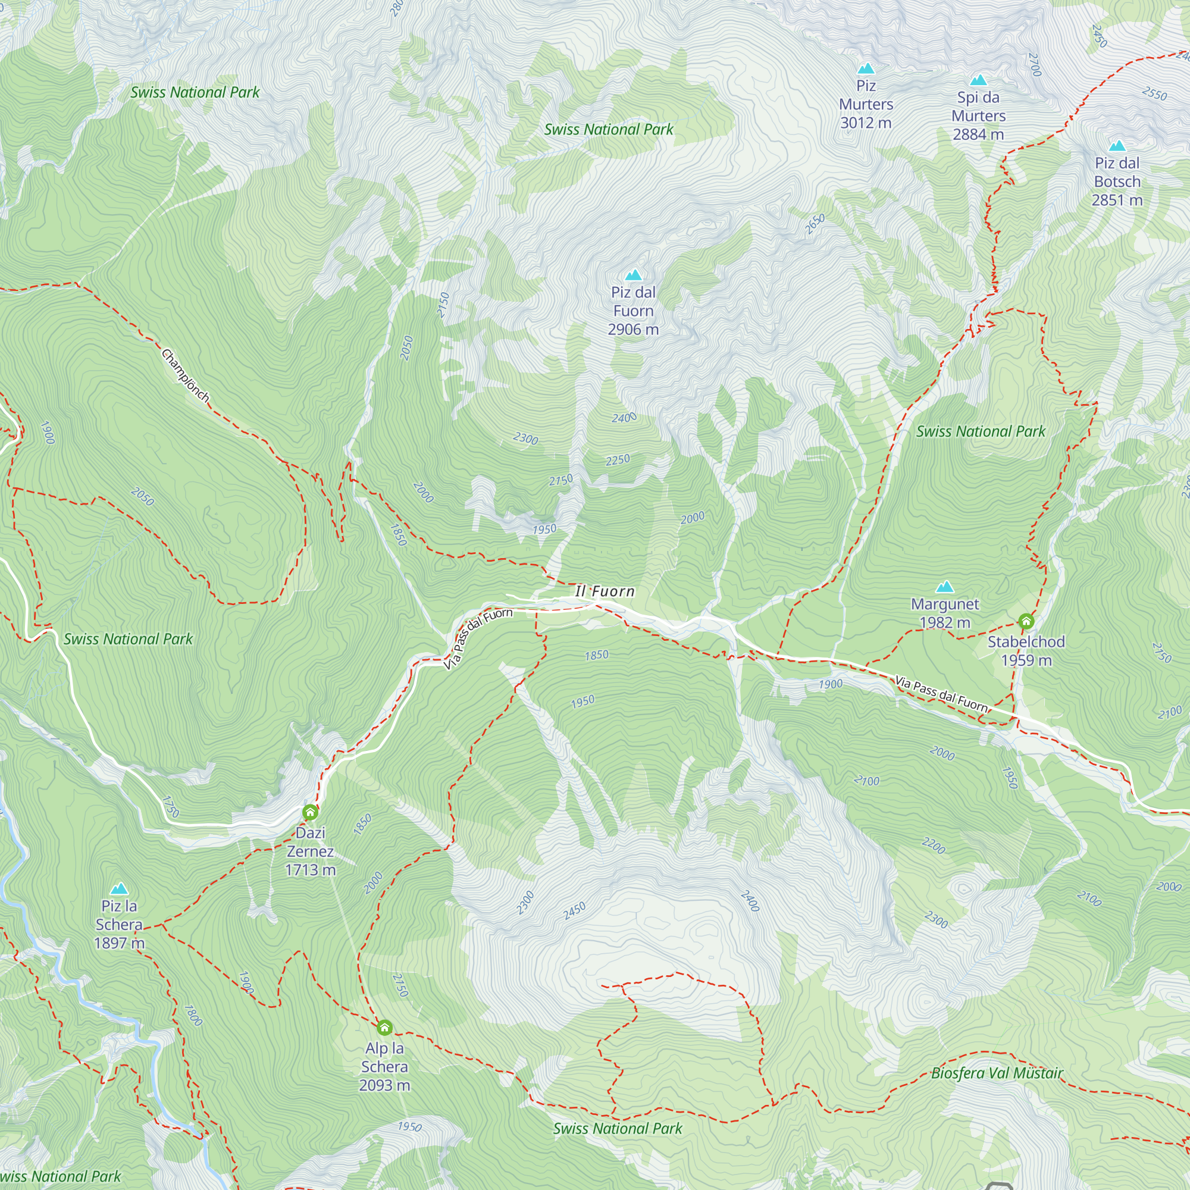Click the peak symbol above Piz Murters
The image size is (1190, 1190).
pos(866,68)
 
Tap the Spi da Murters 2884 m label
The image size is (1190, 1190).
pos(978,116)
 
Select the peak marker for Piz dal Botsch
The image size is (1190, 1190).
pos(1117,146)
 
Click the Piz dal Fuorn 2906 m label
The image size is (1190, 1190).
pos(633,311)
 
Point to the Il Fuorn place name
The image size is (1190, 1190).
pos(605,591)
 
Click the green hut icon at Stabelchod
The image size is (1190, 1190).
pos(1026,621)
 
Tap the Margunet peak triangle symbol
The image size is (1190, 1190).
pos(945,587)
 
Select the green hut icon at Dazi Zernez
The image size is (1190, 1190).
pos(311,812)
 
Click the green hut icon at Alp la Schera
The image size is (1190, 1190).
pos(384,1028)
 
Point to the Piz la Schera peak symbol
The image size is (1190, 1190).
pos(119,889)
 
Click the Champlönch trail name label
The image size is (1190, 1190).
pos(186,375)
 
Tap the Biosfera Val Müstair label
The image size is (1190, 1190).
pos(997,1073)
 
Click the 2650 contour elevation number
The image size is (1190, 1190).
pos(815,224)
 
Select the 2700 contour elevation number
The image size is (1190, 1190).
pos(1035,65)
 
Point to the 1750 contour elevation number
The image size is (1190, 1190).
pos(171,807)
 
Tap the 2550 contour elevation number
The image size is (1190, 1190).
pos(1154,93)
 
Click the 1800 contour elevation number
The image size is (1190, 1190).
pos(193,1016)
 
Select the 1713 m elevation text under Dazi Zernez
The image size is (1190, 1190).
pos(311,870)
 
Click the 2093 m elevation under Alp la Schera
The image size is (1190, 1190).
pos(384,1085)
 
